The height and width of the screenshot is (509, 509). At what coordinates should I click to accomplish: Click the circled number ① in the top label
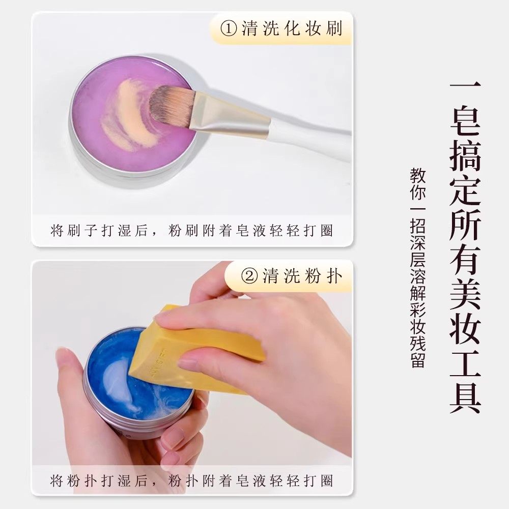229,29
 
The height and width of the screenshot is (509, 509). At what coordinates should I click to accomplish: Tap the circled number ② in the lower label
250,276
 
